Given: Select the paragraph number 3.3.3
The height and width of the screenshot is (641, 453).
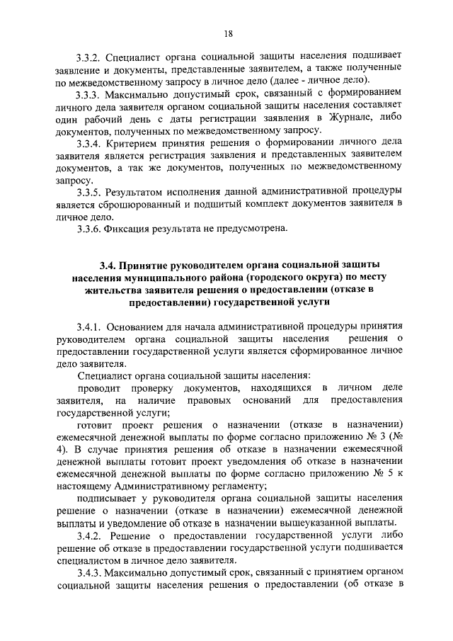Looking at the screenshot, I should (x=90, y=94).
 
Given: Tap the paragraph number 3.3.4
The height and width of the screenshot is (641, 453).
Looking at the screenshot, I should (x=90, y=143).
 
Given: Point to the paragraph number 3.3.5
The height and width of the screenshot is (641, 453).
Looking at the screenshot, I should (x=90, y=192).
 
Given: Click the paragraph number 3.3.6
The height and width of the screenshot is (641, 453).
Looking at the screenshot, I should (x=90, y=229).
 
